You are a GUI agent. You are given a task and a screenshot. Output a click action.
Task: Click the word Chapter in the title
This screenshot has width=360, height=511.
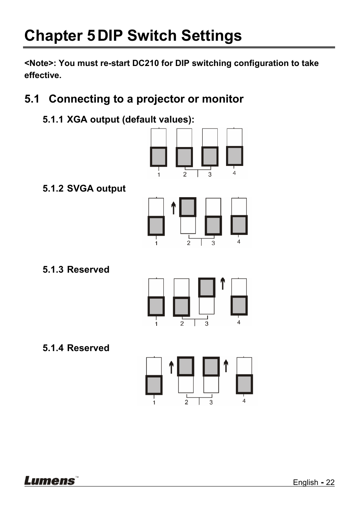[x=54, y=36]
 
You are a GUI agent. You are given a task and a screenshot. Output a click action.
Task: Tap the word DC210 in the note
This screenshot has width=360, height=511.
[x=145, y=63]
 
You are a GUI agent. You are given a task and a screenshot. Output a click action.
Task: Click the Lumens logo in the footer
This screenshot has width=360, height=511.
[x=50, y=480]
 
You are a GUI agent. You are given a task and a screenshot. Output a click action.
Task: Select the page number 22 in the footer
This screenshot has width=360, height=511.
[x=330, y=482]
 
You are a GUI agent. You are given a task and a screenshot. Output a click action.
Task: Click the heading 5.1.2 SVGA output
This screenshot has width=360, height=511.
[x=84, y=189]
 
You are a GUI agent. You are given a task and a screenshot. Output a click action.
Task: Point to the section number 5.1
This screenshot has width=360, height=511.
[x=32, y=99]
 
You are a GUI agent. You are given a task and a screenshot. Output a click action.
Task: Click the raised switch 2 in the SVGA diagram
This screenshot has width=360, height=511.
[x=188, y=207]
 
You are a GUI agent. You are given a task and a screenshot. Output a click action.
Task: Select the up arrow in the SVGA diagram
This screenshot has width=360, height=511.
[x=174, y=208]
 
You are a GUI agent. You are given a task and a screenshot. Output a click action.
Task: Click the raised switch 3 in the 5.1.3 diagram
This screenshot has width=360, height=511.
[x=207, y=287]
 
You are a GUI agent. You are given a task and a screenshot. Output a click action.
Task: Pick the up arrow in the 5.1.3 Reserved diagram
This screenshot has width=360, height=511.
[x=223, y=284]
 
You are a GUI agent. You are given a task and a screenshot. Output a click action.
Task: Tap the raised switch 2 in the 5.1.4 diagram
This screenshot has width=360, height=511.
[x=186, y=366]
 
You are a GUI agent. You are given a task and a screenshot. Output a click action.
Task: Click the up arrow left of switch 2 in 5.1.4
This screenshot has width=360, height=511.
[x=171, y=367]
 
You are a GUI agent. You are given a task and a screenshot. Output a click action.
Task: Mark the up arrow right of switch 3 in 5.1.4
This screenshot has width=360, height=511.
[x=226, y=366]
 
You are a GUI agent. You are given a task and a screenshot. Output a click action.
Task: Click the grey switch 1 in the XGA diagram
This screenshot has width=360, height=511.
[x=158, y=157]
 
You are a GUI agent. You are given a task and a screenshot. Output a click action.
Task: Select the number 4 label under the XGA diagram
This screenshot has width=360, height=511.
[x=234, y=173]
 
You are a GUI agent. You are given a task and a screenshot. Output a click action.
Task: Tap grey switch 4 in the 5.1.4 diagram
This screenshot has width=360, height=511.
[x=244, y=384]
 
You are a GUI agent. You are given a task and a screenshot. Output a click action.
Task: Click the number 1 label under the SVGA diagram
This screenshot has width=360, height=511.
[x=156, y=243]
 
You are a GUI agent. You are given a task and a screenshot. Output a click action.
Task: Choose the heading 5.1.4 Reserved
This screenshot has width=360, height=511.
[x=76, y=348]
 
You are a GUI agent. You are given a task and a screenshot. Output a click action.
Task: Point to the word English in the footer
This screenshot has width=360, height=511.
[x=305, y=482]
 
